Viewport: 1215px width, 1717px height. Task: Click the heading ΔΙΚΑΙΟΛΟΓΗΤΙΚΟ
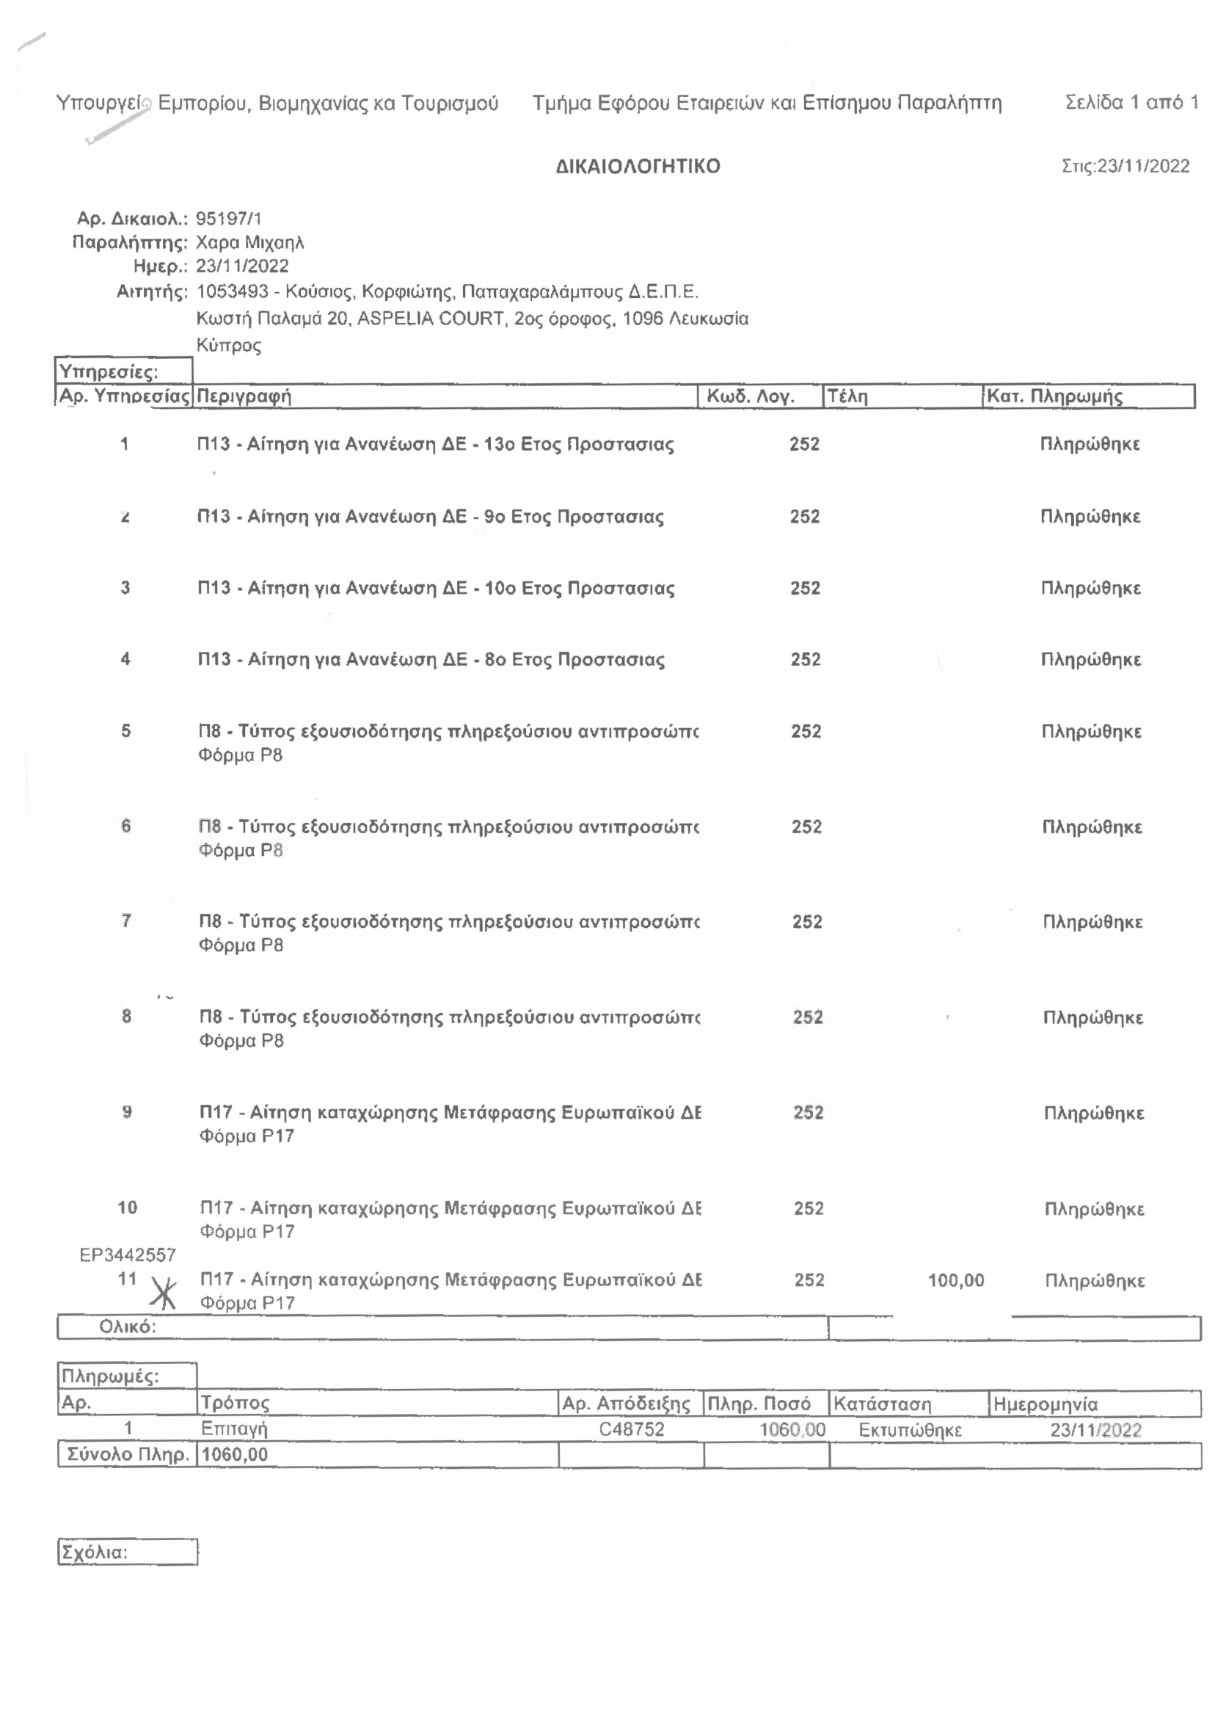[x=638, y=166]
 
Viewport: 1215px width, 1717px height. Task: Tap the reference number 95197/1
[x=228, y=219]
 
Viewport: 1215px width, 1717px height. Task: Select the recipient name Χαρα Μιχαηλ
[x=250, y=242]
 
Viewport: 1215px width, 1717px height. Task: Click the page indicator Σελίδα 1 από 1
[x=1131, y=102]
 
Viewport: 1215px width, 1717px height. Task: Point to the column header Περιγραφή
[x=243, y=396]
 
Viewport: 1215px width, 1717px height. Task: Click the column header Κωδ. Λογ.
[x=750, y=396]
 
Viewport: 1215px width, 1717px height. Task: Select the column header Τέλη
[x=847, y=396]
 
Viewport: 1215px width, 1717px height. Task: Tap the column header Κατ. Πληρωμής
[x=1054, y=396]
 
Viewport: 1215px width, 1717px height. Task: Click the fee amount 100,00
[x=955, y=1280]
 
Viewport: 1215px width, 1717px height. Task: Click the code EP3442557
[x=127, y=1255]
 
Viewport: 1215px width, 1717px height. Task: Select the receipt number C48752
[x=632, y=1429]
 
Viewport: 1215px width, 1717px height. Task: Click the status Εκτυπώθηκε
[x=910, y=1429]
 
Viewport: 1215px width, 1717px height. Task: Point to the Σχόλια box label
[x=94, y=1552]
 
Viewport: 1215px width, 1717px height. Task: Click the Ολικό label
[x=127, y=1326]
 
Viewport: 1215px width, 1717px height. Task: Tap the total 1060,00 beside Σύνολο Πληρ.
[x=234, y=1454]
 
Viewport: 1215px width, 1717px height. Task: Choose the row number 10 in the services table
[x=127, y=1207]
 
